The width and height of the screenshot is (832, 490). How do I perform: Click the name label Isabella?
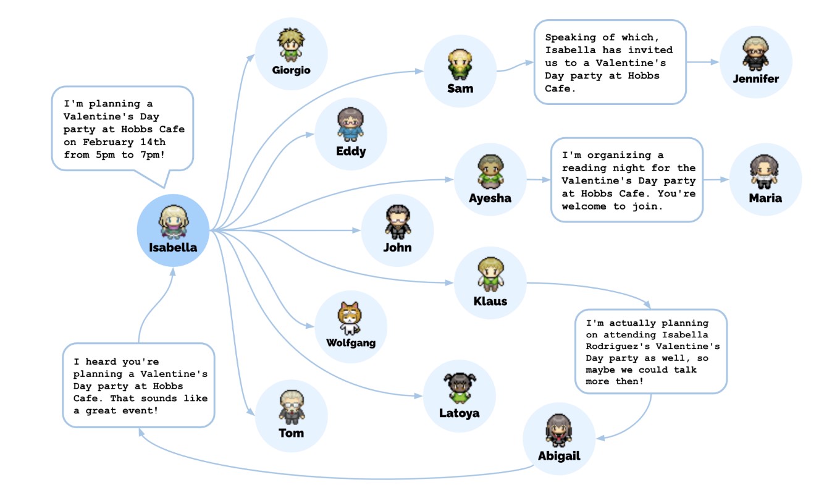point(173,247)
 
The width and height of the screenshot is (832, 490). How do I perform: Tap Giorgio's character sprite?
point(291,44)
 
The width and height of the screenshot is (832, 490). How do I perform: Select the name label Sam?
point(460,88)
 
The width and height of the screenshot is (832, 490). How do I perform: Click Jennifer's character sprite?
point(755,54)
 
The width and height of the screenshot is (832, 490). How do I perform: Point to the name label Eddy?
point(351,151)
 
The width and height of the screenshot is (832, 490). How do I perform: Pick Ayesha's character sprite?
point(490,172)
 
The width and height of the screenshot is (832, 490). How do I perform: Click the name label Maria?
point(765,198)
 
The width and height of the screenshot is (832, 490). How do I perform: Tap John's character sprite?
point(397,222)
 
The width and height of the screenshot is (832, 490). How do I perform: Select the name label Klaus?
point(490,301)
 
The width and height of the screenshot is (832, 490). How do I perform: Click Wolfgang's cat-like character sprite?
point(350,318)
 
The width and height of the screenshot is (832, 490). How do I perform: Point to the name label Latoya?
point(460,413)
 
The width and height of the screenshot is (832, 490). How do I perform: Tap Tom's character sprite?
point(292,407)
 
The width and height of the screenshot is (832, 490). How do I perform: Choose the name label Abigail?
point(559,456)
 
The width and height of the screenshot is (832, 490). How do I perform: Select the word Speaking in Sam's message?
point(571,38)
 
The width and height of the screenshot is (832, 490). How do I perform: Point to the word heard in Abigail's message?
point(101,361)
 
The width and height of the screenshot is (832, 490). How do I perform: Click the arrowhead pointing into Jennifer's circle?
point(715,62)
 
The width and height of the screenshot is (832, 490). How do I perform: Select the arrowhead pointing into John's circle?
point(356,230)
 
